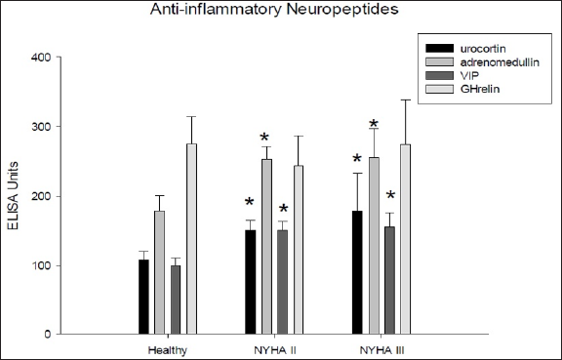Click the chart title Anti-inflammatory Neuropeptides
pos(281,13)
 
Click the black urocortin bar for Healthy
pos(143,297)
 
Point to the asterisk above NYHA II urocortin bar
pos(250,203)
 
